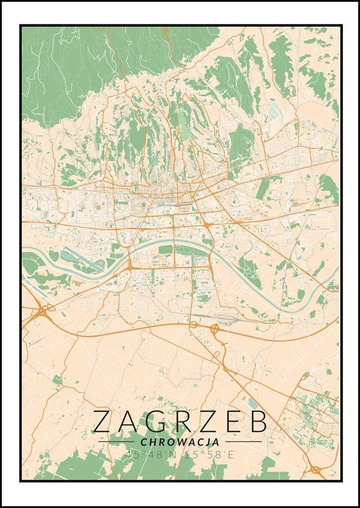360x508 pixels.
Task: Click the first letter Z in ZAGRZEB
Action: [105, 421]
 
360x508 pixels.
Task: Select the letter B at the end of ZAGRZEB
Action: [256, 421]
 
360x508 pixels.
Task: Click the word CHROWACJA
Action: [180, 442]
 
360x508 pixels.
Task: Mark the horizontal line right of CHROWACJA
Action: [243, 442]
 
